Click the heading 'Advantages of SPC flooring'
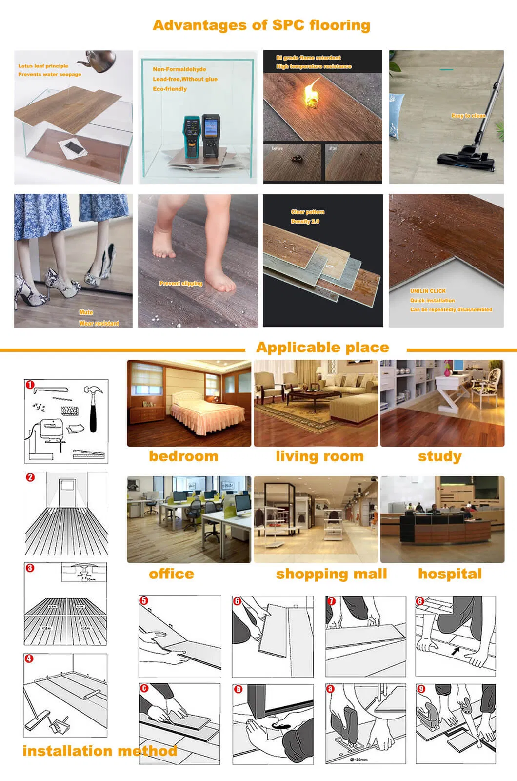(261, 25)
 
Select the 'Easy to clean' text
(468, 116)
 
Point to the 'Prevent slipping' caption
(180, 283)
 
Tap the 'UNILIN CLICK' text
(428, 291)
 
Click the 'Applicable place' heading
(322, 348)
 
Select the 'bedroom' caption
(183, 456)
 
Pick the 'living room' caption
(319, 456)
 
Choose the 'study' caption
(439, 456)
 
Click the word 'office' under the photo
(171, 574)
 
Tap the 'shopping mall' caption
(331, 574)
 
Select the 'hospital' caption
(450, 574)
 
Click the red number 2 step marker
(30, 477)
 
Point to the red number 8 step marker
(420, 601)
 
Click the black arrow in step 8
(455, 651)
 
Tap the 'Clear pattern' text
(307, 212)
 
